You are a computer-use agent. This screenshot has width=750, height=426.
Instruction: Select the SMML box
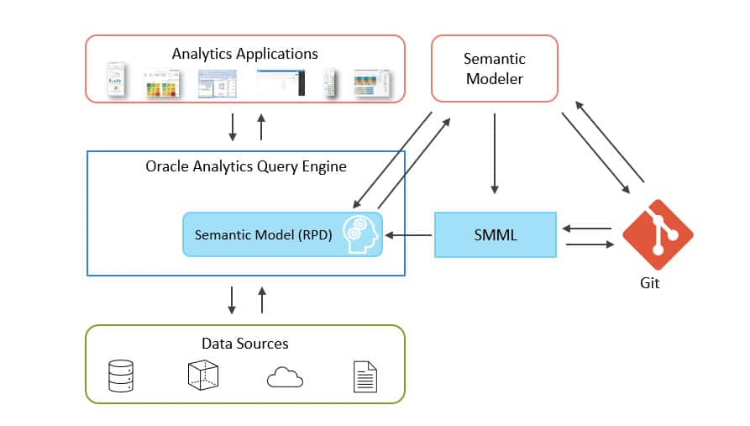[x=495, y=234]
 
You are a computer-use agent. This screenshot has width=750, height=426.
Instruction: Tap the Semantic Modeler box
[x=494, y=68]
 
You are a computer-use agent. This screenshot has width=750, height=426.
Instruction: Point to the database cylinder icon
[x=121, y=376]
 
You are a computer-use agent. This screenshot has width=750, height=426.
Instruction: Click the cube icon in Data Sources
[x=203, y=376]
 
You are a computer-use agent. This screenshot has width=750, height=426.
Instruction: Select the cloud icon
[x=285, y=378]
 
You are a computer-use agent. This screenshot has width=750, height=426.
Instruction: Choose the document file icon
[x=365, y=376]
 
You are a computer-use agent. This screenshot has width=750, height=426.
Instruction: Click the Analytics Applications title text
[x=245, y=54]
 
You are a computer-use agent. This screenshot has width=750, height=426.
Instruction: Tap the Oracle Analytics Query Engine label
[x=246, y=166]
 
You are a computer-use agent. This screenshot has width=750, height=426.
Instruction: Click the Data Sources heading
[x=245, y=343]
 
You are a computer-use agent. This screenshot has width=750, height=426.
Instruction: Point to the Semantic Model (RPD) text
[x=256, y=235]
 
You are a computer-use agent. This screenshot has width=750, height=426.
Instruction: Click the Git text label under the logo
[x=649, y=283]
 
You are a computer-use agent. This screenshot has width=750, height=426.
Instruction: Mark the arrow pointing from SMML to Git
[x=590, y=245]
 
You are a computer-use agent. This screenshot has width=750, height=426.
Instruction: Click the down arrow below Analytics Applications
[x=233, y=127]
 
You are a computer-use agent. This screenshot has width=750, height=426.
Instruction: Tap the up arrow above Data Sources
[x=261, y=300]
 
